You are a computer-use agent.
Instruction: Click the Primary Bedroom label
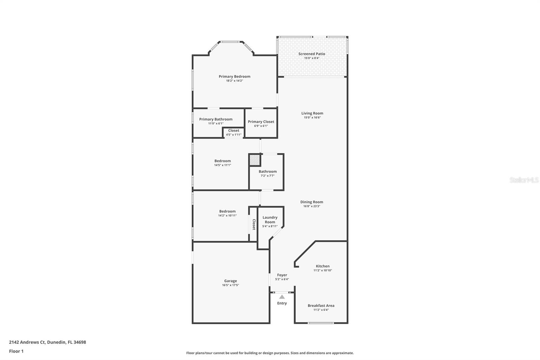(x=234, y=77)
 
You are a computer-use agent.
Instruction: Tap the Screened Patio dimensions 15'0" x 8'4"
(x=312, y=58)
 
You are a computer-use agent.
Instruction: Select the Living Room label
(x=312, y=113)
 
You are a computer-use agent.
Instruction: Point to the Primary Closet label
(x=261, y=122)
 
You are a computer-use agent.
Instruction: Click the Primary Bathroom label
(x=216, y=119)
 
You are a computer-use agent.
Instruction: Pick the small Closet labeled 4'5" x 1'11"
(x=234, y=132)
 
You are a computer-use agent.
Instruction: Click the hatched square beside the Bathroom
(x=255, y=160)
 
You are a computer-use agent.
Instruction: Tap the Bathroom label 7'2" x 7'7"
(x=267, y=173)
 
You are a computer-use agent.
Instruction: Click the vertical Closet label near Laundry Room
(x=254, y=225)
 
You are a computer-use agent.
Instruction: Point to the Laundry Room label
(x=270, y=220)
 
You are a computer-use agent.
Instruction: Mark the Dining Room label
(x=312, y=202)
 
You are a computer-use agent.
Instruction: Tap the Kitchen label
(x=323, y=266)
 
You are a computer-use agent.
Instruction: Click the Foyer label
(x=282, y=275)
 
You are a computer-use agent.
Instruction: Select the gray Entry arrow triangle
(x=282, y=297)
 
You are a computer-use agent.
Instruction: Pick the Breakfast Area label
(x=321, y=306)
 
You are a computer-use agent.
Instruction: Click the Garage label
(x=231, y=281)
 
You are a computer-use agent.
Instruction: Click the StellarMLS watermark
(x=524, y=180)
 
